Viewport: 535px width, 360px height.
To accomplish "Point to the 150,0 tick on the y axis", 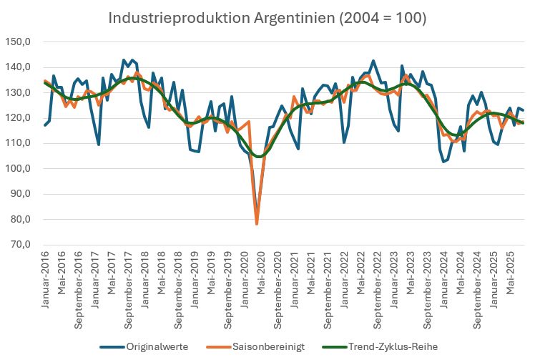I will point(19,42).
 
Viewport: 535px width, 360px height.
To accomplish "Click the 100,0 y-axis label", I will point(19,169).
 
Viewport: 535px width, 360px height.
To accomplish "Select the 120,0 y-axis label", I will point(19,118).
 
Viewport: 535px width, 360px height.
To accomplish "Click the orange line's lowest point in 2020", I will point(257,224).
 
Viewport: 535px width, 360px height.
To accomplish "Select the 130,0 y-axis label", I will point(19,93).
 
